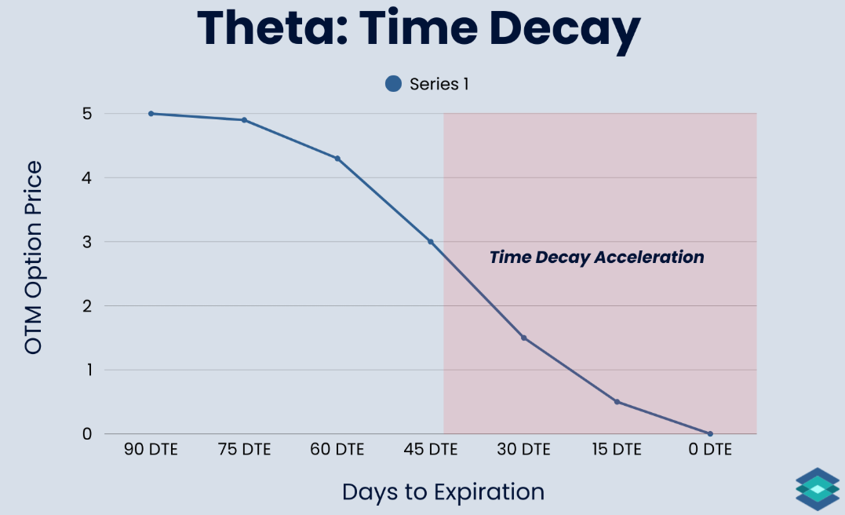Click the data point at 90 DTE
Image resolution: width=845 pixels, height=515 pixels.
point(151,114)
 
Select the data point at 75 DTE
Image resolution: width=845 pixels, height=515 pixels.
point(244,120)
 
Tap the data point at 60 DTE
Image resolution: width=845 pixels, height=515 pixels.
point(337,159)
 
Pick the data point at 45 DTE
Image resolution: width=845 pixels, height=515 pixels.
point(431,242)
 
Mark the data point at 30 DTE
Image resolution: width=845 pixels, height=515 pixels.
point(524,338)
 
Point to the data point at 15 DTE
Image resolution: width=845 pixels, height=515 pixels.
point(617,402)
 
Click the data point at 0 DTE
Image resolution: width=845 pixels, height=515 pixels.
point(710,433)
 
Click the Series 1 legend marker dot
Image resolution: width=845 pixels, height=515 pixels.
point(393,83)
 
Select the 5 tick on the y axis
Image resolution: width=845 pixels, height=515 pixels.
point(87,114)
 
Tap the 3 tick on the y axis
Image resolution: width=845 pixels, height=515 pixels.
point(87,242)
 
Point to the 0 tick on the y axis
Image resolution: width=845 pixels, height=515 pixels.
point(87,434)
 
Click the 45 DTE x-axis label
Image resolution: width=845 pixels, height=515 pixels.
point(431,449)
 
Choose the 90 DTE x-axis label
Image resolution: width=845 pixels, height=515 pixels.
point(151,449)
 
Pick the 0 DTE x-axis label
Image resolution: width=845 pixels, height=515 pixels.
point(710,449)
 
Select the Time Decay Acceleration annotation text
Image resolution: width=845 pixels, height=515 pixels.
point(596,257)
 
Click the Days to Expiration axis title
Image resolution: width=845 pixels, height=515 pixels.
point(443,491)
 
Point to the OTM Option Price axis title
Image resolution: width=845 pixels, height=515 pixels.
point(33,257)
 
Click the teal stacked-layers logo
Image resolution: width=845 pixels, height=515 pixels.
point(818,489)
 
